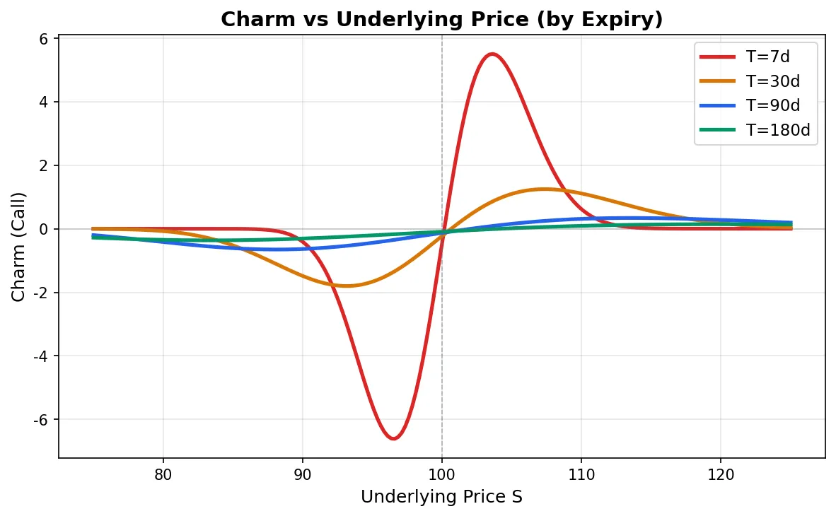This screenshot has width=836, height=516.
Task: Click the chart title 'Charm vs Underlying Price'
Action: pyautogui.click(x=441, y=20)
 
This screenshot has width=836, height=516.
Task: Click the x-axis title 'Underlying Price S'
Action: pyautogui.click(x=441, y=497)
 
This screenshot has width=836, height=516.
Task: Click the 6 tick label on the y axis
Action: pyautogui.click(x=44, y=39)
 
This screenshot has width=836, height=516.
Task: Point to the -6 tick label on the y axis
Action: pyautogui.click(x=40, y=420)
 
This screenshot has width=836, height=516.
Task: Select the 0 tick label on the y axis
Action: pyautogui.click(x=44, y=230)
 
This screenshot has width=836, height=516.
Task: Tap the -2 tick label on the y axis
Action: pyautogui.click(x=40, y=293)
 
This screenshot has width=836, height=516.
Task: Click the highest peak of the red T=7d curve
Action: pyautogui.click(x=492, y=54)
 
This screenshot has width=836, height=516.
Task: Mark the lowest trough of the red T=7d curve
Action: pyautogui.click(x=393, y=438)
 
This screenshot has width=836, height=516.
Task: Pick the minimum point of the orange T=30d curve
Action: pyautogui.click(x=347, y=286)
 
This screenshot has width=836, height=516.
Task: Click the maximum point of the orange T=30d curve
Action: pyautogui.click(x=543, y=189)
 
